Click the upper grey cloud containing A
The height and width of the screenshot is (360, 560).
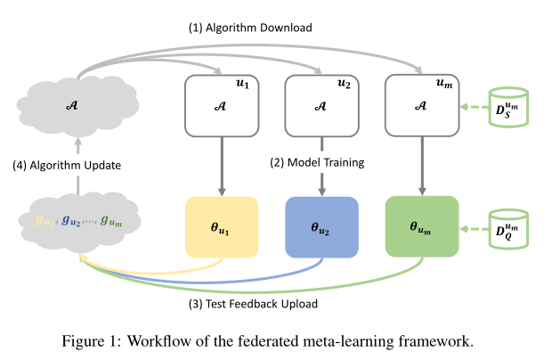tap(77, 104)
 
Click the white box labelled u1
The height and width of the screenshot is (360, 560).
tap(221, 105)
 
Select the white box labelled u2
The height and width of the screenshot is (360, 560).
tap(321, 105)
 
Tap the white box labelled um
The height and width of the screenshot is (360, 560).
tap(422, 105)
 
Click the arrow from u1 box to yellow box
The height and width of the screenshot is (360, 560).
tap(221, 166)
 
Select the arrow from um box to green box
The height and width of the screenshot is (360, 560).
tap(422, 166)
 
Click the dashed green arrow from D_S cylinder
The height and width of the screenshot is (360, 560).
tap(474, 108)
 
